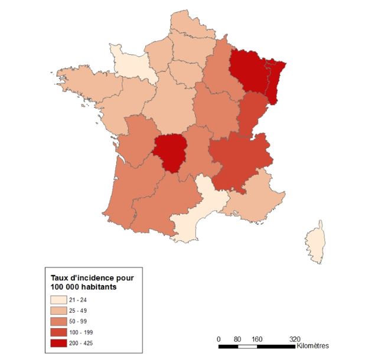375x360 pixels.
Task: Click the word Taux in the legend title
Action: pos(60,277)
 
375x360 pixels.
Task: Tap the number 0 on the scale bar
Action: pos(219,339)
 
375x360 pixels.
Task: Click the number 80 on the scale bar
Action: pos(237,339)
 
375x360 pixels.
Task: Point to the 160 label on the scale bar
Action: pos(257,339)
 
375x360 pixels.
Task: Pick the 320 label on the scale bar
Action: pos(295,339)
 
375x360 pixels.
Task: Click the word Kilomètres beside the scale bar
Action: pos(313,345)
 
